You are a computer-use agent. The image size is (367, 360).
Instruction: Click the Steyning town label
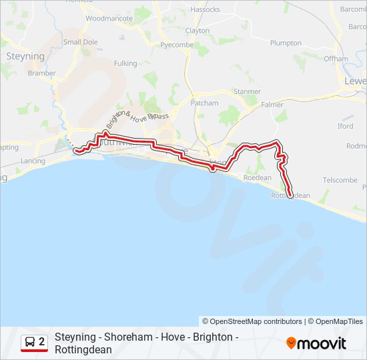[x=25, y=57]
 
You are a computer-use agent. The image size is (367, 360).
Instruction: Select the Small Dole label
[x=81, y=42]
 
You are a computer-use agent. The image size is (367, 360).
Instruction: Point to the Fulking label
[x=125, y=63]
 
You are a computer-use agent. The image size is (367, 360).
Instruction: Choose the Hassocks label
[x=205, y=10]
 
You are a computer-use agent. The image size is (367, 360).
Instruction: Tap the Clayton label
[x=198, y=31]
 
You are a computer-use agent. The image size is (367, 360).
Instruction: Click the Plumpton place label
[x=286, y=43]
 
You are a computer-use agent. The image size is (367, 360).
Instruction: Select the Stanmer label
[x=247, y=91]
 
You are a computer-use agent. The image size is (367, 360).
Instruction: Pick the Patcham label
[x=204, y=103]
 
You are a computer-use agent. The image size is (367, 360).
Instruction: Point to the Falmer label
[x=272, y=105]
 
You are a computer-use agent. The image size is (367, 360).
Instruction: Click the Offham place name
[x=336, y=59]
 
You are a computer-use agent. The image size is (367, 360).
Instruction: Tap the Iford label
[x=345, y=126]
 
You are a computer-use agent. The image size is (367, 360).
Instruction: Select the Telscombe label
[x=340, y=180]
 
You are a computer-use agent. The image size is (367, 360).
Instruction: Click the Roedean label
[x=258, y=178]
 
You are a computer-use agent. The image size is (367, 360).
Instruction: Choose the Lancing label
[x=33, y=161]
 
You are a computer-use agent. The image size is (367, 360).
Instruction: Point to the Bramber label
[x=41, y=73]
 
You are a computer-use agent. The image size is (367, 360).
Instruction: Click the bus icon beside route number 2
[x=30, y=342]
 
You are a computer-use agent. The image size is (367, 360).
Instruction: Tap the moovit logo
[x=316, y=343]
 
